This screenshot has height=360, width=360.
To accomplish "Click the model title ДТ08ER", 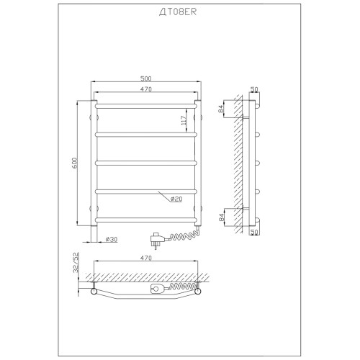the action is coord(178,12).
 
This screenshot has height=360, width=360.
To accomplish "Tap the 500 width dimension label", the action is coord(146,78).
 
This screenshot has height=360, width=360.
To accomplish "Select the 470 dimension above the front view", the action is coord(146,89).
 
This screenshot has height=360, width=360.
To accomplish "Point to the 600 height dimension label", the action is coord(74,163).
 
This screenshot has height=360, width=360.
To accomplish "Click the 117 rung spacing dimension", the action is coord(184,120).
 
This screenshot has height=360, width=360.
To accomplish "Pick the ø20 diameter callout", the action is coord(176,199).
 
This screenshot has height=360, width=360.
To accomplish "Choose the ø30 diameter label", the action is coord(112,239).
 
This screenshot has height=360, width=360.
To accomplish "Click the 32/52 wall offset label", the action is coord(76,262).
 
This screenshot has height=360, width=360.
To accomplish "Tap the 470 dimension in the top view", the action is coord(146,258).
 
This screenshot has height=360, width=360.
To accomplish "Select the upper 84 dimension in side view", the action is coord(221,109).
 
